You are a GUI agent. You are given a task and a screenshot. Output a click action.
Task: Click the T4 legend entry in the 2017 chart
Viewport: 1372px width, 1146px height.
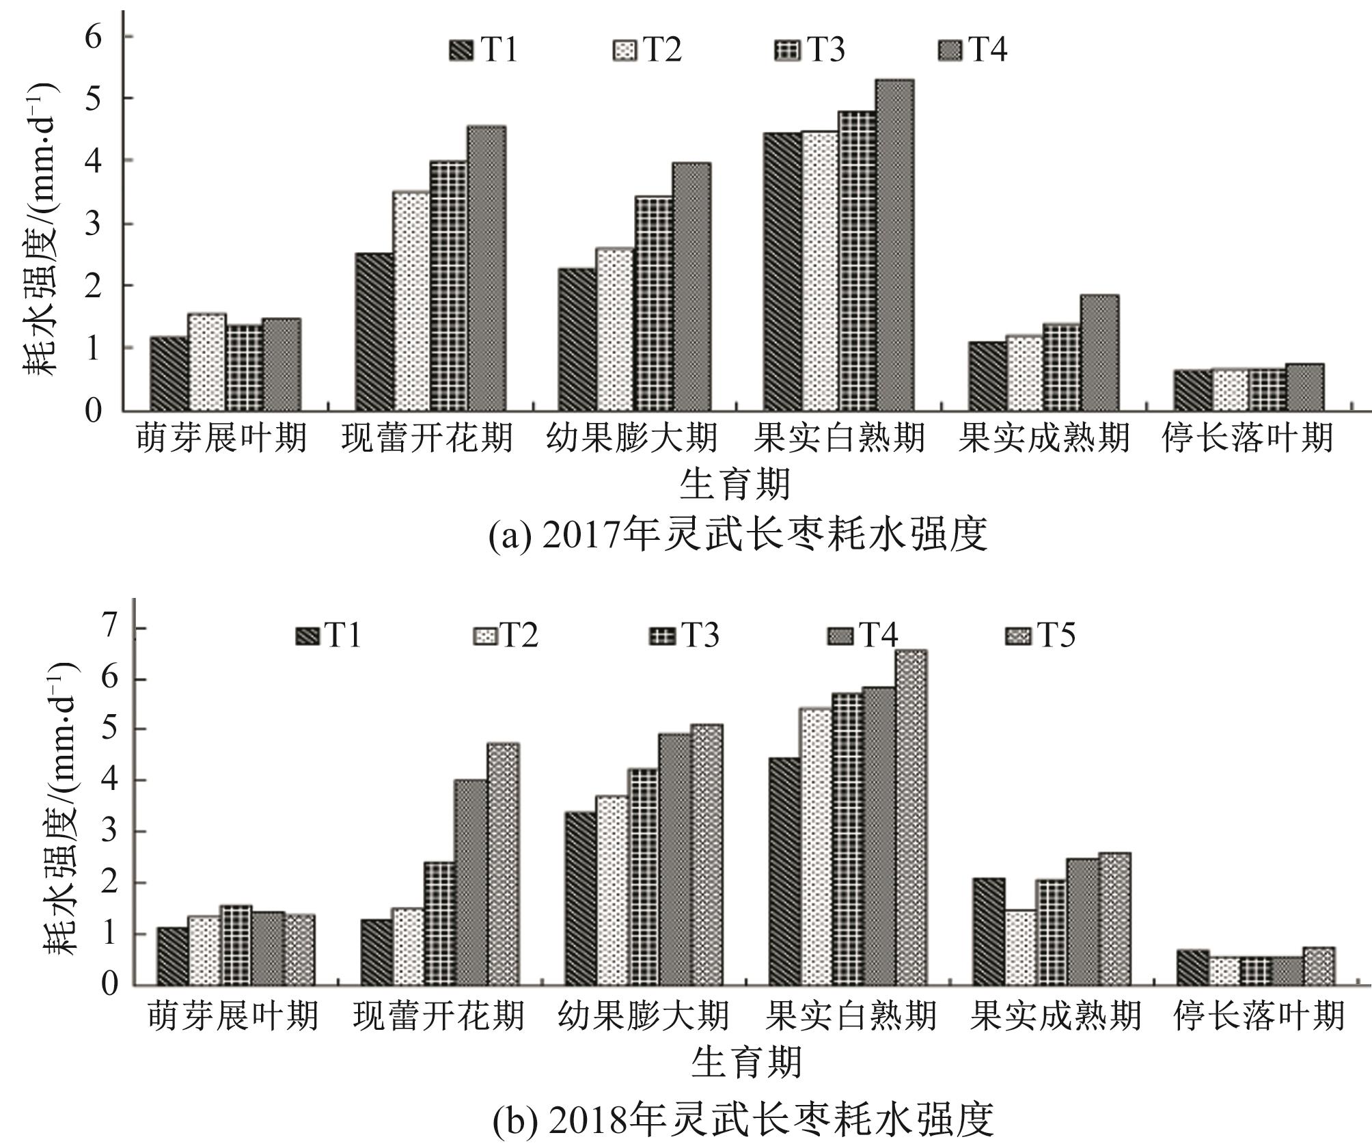974,49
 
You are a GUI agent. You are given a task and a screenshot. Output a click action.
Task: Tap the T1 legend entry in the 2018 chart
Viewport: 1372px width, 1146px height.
329,636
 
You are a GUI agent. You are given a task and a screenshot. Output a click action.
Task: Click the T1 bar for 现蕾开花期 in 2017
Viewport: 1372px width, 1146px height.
374,331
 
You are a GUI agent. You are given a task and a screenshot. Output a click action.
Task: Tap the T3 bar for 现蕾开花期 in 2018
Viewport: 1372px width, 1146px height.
439,923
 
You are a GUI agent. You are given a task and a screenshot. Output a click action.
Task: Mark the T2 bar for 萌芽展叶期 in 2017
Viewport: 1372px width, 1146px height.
207,362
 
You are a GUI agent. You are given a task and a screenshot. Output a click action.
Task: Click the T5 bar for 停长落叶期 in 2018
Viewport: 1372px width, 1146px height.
1318,966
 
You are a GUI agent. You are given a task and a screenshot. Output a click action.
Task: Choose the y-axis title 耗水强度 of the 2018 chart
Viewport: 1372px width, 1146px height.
61,809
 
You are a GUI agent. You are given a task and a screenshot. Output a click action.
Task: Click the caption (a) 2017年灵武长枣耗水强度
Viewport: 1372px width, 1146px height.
738,536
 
